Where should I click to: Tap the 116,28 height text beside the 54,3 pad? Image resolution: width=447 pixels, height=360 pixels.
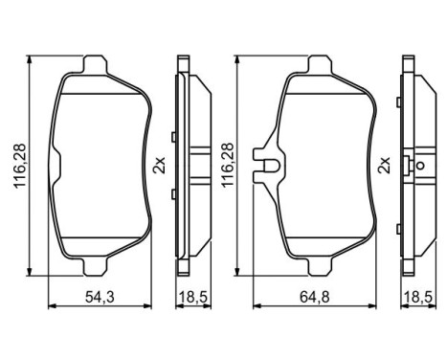(x=15, y=164)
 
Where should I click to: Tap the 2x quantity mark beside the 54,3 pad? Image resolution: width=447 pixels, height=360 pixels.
(x=159, y=163)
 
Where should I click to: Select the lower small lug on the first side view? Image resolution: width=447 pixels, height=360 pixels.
(x=171, y=194)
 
